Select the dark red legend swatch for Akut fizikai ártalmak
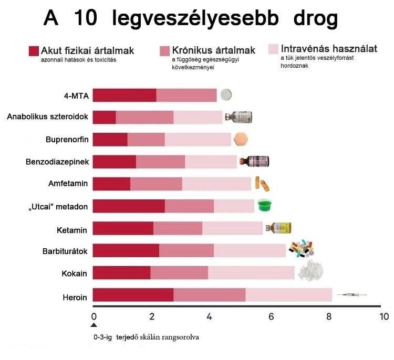coord(34,51)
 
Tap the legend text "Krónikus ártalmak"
coord(214,50)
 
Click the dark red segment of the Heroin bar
coord(133,295)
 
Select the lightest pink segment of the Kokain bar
coord(251,273)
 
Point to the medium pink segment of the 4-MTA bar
coord(186,95)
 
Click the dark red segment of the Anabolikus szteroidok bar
coord(104,118)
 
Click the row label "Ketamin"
coord(71,229)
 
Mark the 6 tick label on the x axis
coord(271,316)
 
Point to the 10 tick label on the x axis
coord(384,316)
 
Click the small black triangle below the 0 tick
coord(94,326)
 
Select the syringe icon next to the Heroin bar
coord(351,296)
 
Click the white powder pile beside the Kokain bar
coord(310,271)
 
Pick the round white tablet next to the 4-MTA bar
coord(226,95)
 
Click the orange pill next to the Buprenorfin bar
coord(241,139)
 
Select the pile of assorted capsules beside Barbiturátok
coord(302,249)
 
